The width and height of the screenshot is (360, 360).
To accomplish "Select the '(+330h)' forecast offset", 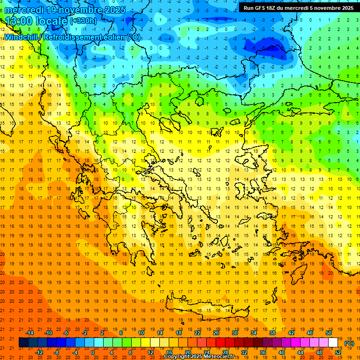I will pos(83,21).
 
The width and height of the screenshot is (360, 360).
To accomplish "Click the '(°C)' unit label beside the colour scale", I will pos(349,343).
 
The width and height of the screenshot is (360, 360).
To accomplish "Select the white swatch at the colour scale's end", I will pos(333,343).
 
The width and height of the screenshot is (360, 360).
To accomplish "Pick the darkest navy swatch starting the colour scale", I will pos(23,343).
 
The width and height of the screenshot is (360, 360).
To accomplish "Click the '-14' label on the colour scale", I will pos(30,333).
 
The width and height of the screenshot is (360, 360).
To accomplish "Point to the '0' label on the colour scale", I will pos(93,352).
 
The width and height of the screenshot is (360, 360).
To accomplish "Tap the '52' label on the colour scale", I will pos(338,352).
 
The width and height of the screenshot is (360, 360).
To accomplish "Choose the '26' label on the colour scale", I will pos(216,333).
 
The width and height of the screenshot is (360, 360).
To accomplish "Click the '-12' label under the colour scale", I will pos(39,352).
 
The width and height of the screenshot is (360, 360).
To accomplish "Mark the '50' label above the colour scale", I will pos(328,333).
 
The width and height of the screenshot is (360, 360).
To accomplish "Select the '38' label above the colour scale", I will pos(272,333).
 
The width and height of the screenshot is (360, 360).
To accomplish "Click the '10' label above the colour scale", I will pos(141,333).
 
